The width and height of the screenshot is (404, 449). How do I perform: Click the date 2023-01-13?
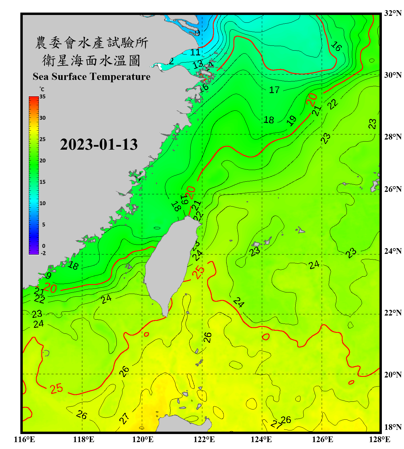(99, 144)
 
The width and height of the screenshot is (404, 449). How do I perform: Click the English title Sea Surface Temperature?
(92, 77)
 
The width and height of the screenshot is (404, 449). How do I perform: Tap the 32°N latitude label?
(393, 13)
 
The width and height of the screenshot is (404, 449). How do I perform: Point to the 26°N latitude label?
(393, 189)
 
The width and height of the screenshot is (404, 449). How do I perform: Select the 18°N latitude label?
(393, 427)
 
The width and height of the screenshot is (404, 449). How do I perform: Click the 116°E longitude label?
(24, 439)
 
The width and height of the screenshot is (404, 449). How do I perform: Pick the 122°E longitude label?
(204, 439)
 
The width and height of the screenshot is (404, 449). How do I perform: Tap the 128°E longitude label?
(379, 439)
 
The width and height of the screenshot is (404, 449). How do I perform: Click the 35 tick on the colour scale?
(42, 97)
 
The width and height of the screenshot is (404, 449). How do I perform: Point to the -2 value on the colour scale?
(43, 253)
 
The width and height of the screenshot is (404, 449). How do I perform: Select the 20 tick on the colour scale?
(42, 160)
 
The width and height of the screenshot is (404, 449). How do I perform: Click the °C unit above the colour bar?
(42, 89)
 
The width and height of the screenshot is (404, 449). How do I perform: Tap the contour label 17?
(274, 90)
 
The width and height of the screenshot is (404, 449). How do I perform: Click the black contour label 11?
(195, 52)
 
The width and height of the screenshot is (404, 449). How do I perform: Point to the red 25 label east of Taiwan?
(198, 272)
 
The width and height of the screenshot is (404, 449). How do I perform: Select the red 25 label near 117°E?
(56, 389)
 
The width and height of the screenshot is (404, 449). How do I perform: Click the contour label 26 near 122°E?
(207, 337)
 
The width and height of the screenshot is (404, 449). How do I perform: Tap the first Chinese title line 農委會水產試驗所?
(92, 43)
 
